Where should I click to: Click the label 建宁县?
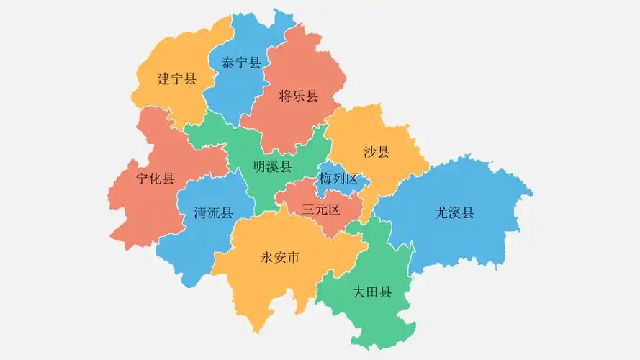[x=177, y=78]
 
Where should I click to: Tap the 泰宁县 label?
[x=241, y=63]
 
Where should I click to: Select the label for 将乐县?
[x=298, y=96]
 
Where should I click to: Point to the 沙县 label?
[x=377, y=152]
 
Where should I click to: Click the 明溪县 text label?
[x=273, y=167]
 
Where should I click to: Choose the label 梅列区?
[x=338, y=179]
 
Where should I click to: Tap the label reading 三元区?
[x=320, y=210]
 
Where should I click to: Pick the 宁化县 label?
[x=156, y=179]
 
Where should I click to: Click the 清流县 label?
[x=214, y=212]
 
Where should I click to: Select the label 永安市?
[x=279, y=258]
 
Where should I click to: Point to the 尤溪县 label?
[x=455, y=212]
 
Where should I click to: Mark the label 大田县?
[x=372, y=292]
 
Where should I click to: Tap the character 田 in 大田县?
[x=372, y=292]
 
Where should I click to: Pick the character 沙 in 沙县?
[x=370, y=152]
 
